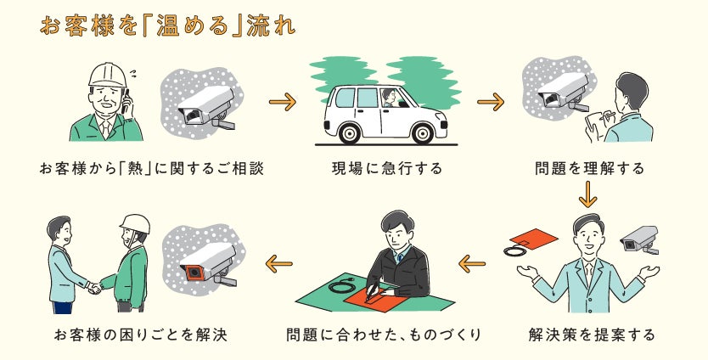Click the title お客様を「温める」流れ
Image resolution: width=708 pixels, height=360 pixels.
[x=167, y=25]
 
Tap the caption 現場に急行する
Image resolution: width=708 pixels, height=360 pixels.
[x=386, y=168]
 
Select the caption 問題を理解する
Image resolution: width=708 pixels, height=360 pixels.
[x=589, y=168]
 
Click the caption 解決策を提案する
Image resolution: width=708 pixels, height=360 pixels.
[x=591, y=334]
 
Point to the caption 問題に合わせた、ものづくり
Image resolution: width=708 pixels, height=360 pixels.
[x=384, y=334]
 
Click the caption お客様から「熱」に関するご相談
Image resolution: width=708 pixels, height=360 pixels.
[x=151, y=168]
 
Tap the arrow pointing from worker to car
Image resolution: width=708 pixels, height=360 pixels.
[x=282, y=104]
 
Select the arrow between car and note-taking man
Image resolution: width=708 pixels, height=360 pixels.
[x=491, y=104]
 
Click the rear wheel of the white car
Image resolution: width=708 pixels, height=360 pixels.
[x=344, y=132]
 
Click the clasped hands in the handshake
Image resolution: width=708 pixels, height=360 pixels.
[x=94, y=288]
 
